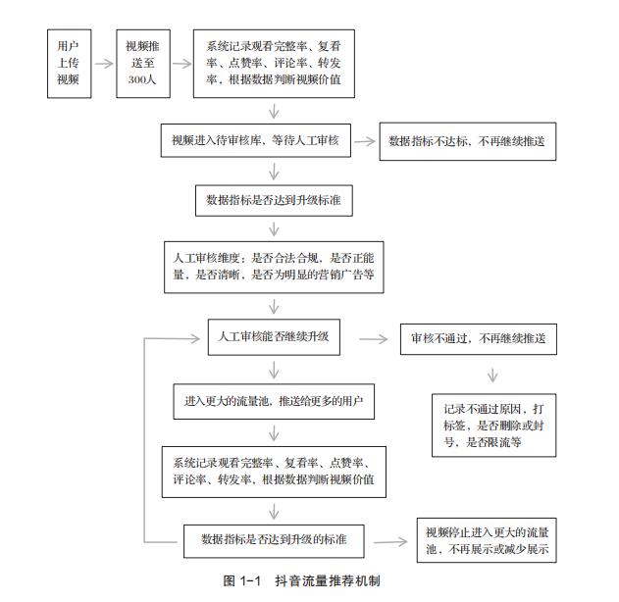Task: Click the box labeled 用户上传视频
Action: tap(69, 64)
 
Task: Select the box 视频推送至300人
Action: tap(143, 64)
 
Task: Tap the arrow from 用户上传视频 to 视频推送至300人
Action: tap(104, 64)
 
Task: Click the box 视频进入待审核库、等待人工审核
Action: tap(256, 140)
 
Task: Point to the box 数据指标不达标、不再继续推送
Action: tap(468, 141)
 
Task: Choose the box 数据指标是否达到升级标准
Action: tap(274, 200)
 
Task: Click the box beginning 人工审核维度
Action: tap(274, 267)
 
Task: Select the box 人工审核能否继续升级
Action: tap(274, 337)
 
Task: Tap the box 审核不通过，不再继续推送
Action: tap(479, 339)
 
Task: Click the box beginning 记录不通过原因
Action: tap(493, 426)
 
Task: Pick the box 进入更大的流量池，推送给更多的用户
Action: tap(274, 402)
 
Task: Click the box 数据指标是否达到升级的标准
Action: tap(274, 541)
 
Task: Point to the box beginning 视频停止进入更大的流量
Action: tap(487, 540)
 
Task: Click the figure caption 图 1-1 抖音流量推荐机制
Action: tap(301, 580)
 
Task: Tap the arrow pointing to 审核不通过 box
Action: tap(374, 339)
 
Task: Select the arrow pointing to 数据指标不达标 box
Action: tap(365, 141)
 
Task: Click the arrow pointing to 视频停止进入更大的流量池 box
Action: tap(390, 541)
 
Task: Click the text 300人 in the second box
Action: tap(142, 79)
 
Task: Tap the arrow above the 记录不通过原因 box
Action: tap(492, 376)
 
